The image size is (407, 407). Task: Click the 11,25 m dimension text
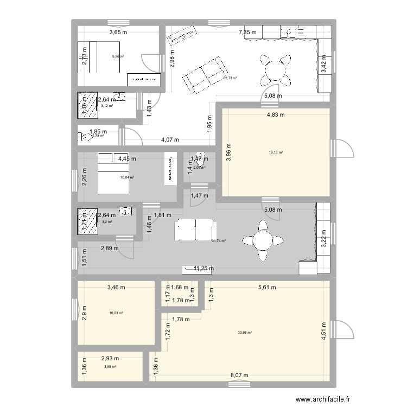tap(204, 268)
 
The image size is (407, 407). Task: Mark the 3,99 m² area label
tap(110, 367)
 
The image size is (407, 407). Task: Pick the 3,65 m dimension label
tap(118, 33)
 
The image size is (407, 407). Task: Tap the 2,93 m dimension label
tap(110, 358)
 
